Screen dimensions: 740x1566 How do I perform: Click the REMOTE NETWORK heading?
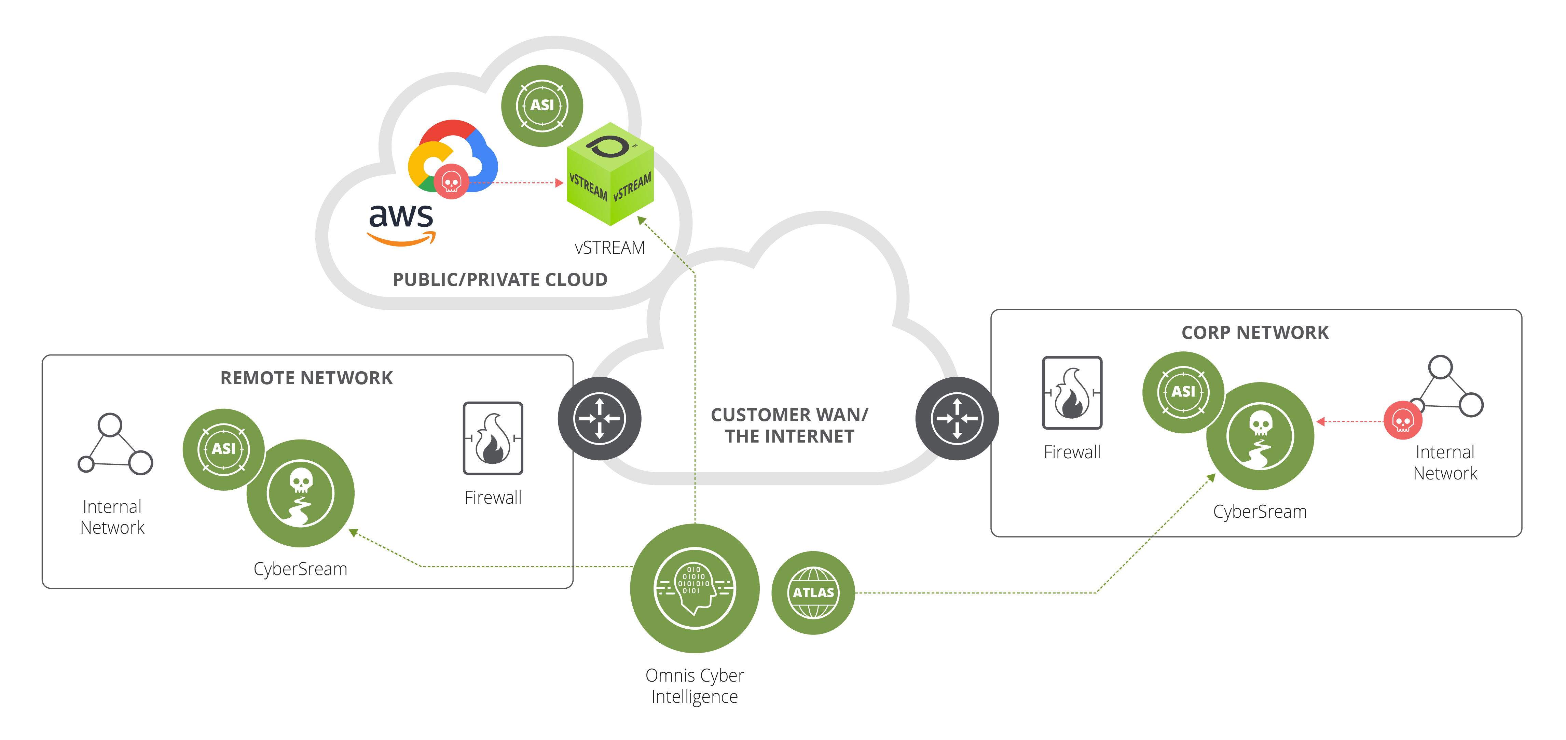click(306, 378)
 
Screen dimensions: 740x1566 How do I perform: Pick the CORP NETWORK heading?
click(1255, 332)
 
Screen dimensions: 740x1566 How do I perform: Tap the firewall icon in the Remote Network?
click(493, 438)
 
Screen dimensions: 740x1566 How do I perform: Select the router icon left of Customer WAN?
click(600, 419)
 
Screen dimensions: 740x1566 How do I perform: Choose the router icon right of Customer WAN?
click(957, 419)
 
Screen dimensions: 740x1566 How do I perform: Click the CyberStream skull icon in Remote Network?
click(300, 493)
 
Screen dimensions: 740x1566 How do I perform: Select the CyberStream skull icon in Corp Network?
click(1260, 436)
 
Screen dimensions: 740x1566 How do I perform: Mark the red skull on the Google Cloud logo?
click(451, 181)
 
